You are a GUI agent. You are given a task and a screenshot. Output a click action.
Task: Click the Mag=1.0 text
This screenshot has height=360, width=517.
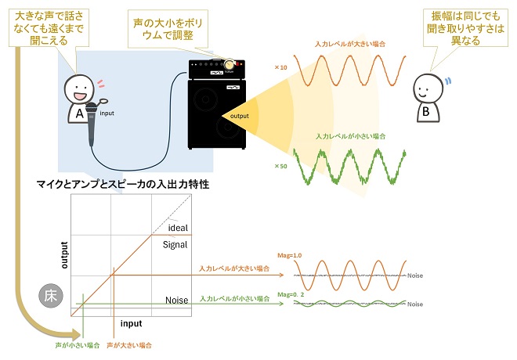[291, 254]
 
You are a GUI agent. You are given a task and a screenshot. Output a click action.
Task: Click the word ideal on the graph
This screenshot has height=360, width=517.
[179, 228]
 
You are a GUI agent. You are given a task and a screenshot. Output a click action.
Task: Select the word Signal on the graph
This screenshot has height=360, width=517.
[175, 244]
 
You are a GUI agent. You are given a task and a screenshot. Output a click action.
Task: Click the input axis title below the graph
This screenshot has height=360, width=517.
[131, 322]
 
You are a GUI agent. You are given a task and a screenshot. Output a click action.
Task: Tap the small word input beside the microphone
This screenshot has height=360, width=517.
[107, 113]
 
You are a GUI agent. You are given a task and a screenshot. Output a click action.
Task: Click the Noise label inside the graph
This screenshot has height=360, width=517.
[177, 300]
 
